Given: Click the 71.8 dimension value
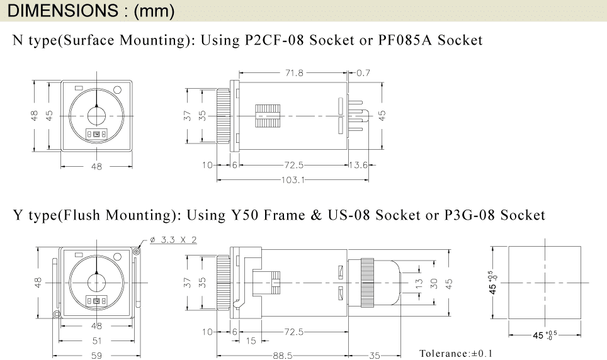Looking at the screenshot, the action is tap(294, 73).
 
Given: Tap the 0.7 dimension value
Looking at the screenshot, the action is tap(363, 73).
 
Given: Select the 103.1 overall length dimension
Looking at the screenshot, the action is tap(293, 180).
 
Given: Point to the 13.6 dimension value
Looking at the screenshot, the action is tap(358, 166).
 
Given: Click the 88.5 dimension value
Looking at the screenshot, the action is tap(283, 356).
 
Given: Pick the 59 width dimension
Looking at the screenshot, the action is tap(96, 356).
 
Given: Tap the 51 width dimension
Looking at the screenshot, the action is tap(96, 341).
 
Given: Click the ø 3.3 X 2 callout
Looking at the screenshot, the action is tap(173, 240).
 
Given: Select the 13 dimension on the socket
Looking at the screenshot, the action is tap(419, 284).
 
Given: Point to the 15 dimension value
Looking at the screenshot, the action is tap(251, 341).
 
